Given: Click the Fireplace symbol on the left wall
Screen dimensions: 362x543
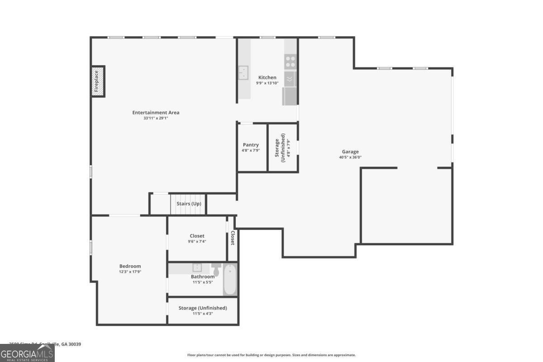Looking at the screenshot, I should coord(98,81).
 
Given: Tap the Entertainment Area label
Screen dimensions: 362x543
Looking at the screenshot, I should coord(156,113).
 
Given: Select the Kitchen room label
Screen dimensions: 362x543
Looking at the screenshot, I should coord(267,77).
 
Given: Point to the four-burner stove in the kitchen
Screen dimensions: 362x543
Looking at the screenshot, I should coord(290,61).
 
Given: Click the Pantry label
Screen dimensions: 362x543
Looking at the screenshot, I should coord(251,145).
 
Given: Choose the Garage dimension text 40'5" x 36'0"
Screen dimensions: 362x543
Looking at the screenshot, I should coord(350,157).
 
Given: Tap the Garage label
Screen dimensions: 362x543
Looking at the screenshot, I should coord(350,152).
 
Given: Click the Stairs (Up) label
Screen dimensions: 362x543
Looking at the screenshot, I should coord(189,204).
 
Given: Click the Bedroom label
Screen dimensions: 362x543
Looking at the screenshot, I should coord(130,266).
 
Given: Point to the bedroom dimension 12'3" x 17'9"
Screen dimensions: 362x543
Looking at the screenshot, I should coord(130,271).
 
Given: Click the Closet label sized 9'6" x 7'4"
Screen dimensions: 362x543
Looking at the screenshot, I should coord(196,236).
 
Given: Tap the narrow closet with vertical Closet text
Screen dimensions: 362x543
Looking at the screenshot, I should coord(232,238).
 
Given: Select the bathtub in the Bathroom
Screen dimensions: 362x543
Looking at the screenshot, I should coord(230,280).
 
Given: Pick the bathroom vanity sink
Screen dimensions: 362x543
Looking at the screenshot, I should coord(197,267).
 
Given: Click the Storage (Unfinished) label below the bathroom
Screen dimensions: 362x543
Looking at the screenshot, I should coord(202,308).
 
